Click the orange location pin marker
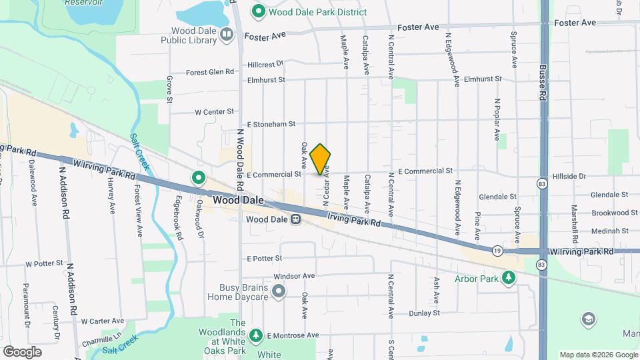click(x=321, y=159)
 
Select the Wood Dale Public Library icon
click(x=227, y=34)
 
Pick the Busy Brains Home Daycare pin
click(x=279, y=291)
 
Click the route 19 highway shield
click(x=498, y=251)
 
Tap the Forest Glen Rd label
click(x=210, y=72)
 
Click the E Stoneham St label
click(x=271, y=124)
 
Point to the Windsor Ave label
click(x=294, y=275)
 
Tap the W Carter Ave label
click(x=103, y=321)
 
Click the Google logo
click(x=23, y=351)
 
